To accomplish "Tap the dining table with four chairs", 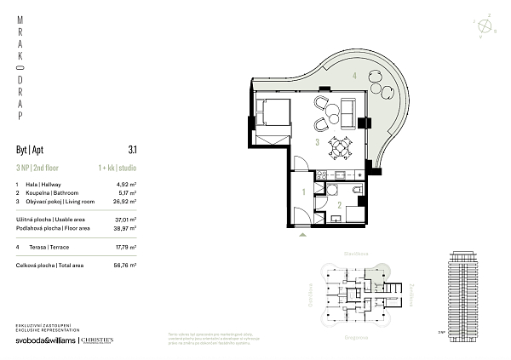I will tap(340, 148).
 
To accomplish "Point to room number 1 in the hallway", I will tap(304, 191).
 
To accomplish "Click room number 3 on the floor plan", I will tap(317, 143).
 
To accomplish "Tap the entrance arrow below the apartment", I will tap(300, 240).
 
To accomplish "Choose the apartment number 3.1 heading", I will tap(132, 147).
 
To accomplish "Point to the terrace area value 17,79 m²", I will tap(127, 248).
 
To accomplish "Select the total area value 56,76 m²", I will tap(127, 266).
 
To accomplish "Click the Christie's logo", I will tap(96, 340).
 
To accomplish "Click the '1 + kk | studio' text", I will tap(118, 167).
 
